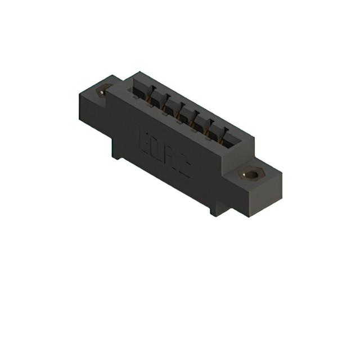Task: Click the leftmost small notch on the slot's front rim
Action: pyautogui.click(x=134, y=96)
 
